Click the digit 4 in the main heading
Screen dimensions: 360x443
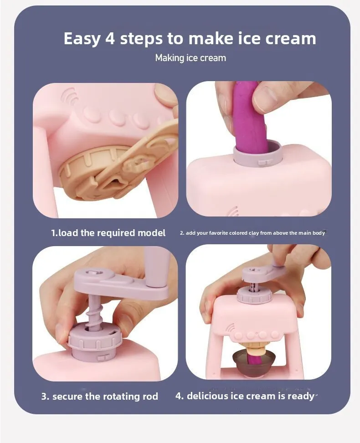pyautogui.click(x=110, y=38)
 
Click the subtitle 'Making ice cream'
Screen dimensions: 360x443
pyautogui.click(x=190, y=58)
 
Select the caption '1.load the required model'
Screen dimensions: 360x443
pyautogui.click(x=108, y=233)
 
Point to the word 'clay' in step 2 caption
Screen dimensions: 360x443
pyautogui.click(x=253, y=233)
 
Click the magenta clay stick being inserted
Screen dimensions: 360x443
pyautogui.click(x=250, y=118)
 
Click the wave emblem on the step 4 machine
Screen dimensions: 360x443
pyautogui.click(x=230, y=328)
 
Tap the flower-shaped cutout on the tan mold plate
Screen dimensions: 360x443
pyautogui.click(x=135, y=165)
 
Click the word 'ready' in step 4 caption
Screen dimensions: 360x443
pyautogui.click(x=301, y=396)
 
